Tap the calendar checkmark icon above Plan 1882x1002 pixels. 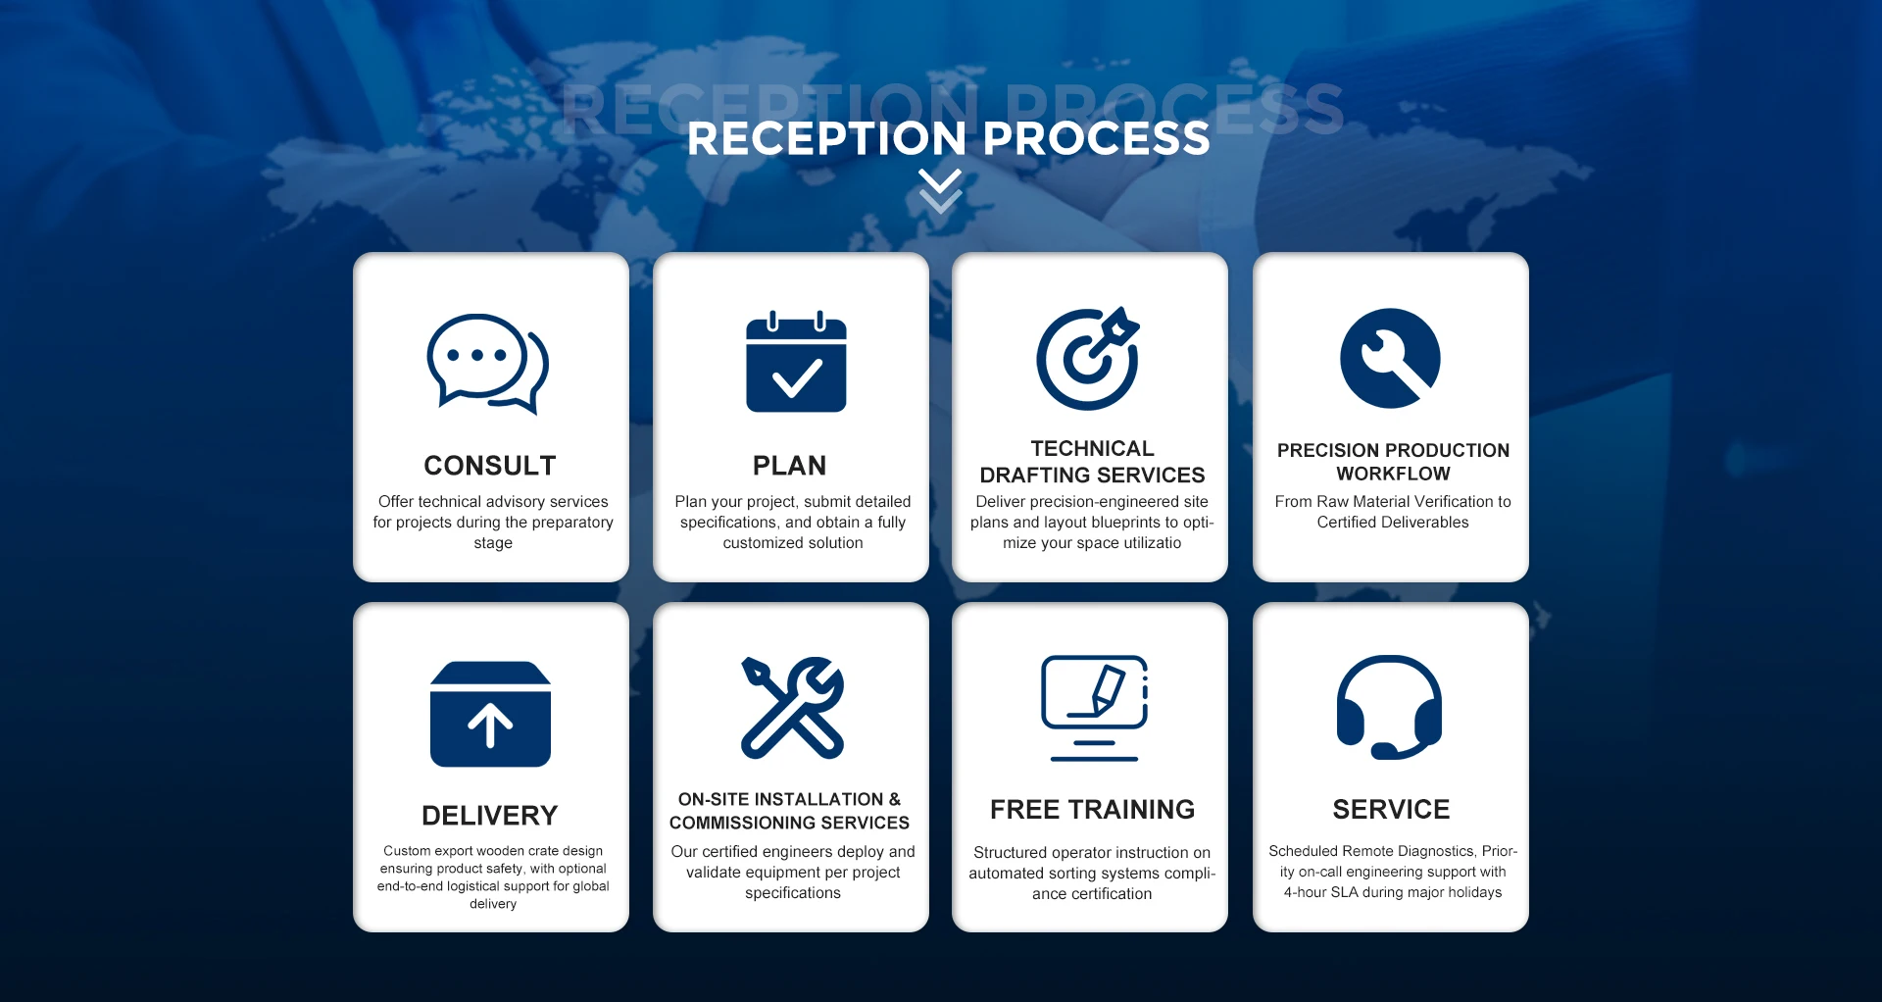[796, 363]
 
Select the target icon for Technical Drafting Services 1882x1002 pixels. [1088, 359]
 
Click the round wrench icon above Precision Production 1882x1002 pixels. [1390, 358]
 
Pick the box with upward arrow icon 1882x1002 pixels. [490, 714]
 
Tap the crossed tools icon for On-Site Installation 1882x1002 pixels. [792, 708]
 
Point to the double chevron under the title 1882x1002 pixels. [941, 191]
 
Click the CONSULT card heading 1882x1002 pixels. [490, 466]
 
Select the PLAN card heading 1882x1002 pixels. [790, 466]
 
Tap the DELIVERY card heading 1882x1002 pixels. [490, 816]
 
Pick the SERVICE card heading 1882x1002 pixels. [1391, 810]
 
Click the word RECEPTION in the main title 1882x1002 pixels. [827, 139]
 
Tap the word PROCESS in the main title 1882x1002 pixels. [1097, 139]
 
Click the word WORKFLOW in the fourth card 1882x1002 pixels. [1393, 475]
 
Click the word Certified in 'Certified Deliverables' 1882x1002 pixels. [1346, 523]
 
